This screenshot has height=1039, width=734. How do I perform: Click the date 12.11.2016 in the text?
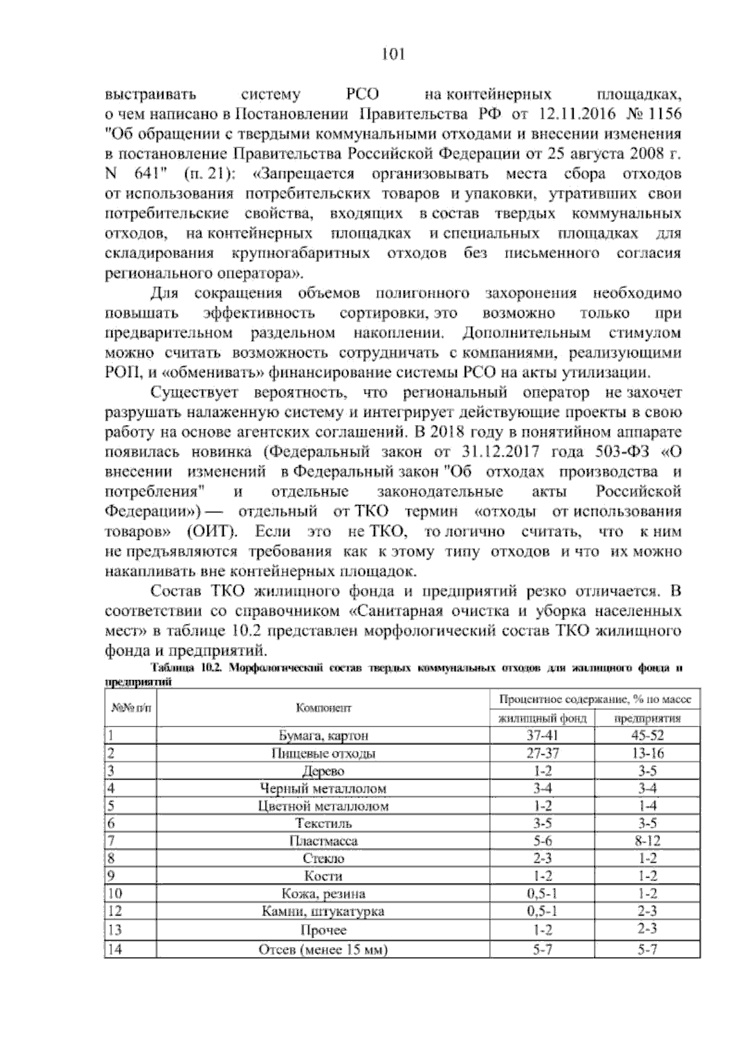click(x=574, y=114)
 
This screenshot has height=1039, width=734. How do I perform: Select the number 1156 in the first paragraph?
click(x=663, y=114)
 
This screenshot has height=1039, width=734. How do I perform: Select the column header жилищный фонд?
click(x=543, y=718)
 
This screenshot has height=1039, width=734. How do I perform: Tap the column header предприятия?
click(x=647, y=718)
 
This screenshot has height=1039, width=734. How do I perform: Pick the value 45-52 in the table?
click(x=647, y=736)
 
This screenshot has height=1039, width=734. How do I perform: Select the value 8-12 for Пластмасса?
click(x=647, y=841)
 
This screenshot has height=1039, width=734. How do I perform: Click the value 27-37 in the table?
click(x=543, y=753)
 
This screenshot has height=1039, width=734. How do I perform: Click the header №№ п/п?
click(x=127, y=708)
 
